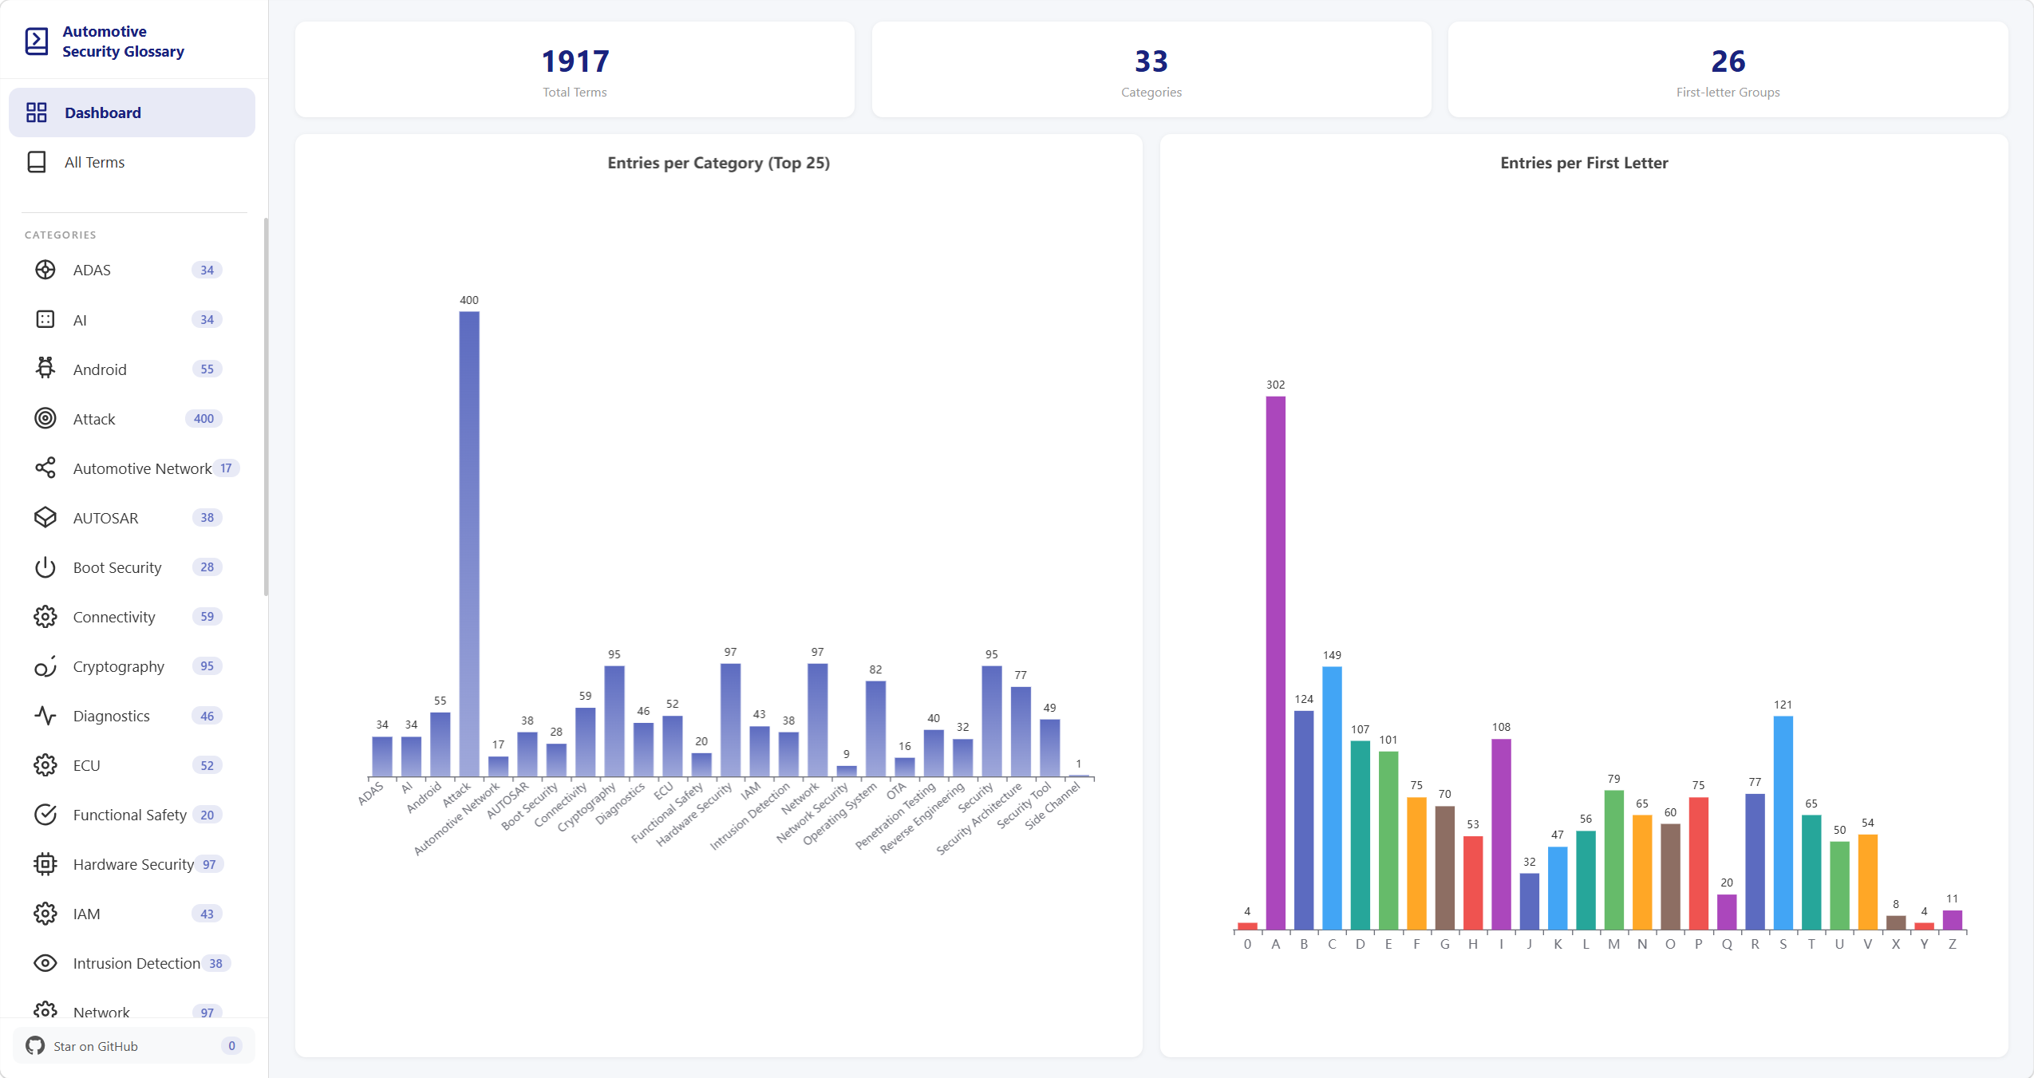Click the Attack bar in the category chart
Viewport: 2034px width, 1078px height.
469,543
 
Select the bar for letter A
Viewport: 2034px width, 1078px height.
1275,663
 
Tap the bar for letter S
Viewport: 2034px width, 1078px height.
1783,823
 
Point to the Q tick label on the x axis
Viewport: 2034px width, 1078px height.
1727,944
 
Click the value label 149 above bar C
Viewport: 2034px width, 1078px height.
1332,655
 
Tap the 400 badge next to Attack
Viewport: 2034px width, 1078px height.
203,419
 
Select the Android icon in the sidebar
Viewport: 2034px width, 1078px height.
45,369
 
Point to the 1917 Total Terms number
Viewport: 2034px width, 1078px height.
575,61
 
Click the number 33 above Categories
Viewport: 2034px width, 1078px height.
1151,61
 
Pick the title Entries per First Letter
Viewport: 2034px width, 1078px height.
1584,163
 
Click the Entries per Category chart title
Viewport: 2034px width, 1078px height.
718,163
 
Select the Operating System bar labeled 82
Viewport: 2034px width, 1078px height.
875,729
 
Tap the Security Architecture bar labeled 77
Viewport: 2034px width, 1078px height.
1021,732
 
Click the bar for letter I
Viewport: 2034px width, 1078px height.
1501,834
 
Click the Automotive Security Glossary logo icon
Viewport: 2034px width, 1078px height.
37,41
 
